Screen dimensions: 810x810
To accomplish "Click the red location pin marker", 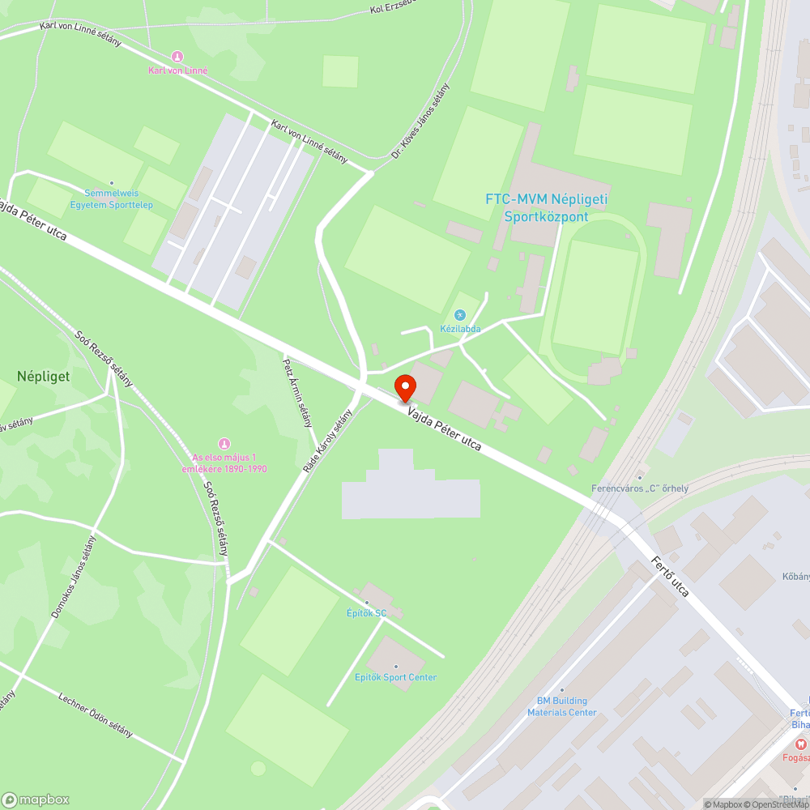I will [x=405, y=387].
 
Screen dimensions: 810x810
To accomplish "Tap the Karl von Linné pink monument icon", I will [x=177, y=57].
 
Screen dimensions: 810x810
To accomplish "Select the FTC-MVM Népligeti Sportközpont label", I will [x=547, y=207].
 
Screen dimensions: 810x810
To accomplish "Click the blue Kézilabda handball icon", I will [x=460, y=314].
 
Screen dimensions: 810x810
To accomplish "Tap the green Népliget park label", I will [x=43, y=377].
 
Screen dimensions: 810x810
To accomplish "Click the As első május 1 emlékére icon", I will [x=224, y=444].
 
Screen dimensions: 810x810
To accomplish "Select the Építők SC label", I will [x=367, y=613].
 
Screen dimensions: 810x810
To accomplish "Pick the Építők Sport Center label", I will [x=395, y=677].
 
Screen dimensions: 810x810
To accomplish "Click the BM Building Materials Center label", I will [x=562, y=706].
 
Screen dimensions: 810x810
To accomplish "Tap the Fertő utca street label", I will [x=670, y=576].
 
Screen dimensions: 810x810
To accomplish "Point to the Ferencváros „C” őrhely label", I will [x=640, y=488].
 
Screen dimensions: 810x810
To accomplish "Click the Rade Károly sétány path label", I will [x=328, y=441].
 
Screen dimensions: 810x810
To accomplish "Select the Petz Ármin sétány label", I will [x=296, y=393].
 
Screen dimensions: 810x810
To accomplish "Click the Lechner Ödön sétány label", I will [x=96, y=714].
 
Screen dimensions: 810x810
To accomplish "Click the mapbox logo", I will [x=36, y=799].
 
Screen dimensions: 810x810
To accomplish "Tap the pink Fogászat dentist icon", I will [x=799, y=744].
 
